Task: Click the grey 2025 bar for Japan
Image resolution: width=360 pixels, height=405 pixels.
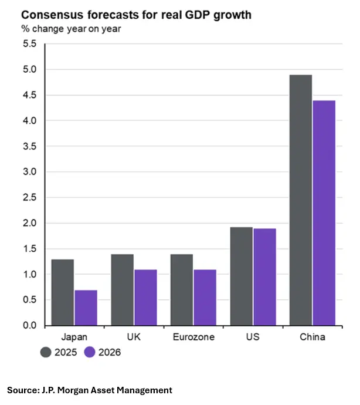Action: click(x=62, y=292)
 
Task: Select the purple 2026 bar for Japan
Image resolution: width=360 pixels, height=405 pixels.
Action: click(x=86, y=308)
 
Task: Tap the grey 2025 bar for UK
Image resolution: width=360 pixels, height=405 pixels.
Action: click(x=122, y=290)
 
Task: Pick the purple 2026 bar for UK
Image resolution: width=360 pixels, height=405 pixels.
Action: click(x=145, y=298)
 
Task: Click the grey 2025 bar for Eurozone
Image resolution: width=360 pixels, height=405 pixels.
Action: click(x=181, y=290)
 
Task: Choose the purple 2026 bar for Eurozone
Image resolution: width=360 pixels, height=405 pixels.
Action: click(x=205, y=298)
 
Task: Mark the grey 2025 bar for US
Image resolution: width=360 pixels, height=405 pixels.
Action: click(x=241, y=276)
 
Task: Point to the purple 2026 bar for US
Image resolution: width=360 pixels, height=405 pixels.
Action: click(x=264, y=277)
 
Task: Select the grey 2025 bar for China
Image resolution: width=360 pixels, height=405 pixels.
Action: click(x=300, y=200)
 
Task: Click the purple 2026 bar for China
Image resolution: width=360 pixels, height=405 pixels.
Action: click(x=324, y=213)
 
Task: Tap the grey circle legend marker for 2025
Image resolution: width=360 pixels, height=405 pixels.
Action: click(x=46, y=352)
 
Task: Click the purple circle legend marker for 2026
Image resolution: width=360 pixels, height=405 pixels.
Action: click(x=90, y=352)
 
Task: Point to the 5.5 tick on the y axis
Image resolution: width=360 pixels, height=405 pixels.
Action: click(x=29, y=44)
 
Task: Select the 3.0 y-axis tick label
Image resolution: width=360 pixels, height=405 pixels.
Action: click(x=29, y=172)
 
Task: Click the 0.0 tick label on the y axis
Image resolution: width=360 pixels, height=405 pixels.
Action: click(x=29, y=326)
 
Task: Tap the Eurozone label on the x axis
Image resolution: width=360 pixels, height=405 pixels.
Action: click(x=193, y=338)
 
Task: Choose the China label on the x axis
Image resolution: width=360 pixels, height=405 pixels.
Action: click(x=312, y=338)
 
